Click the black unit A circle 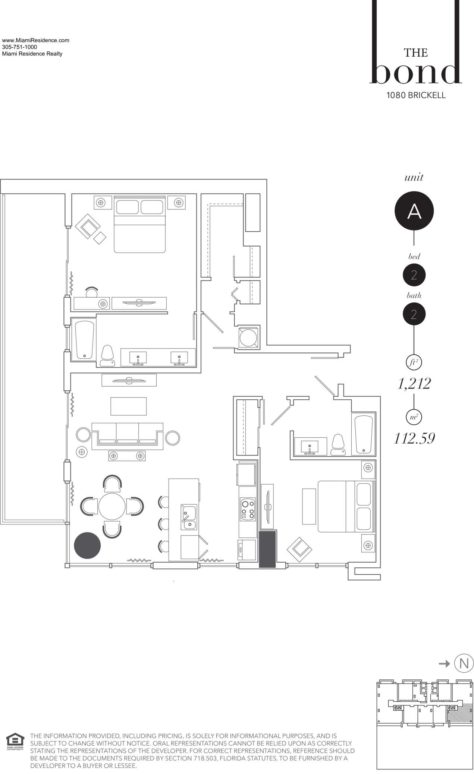click(x=414, y=210)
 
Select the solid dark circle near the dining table click(x=87, y=545)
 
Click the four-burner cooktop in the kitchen click(x=248, y=509)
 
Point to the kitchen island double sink click(x=189, y=517)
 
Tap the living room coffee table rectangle click(x=128, y=406)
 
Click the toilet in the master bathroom click(x=107, y=356)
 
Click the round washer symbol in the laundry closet click(x=248, y=337)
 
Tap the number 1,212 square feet click(x=414, y=383)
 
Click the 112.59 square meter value click(x=414, y=438)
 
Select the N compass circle click(x=464, y=663)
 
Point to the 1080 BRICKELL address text click(x=416, y=95)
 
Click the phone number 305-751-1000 click(x=19, y=47)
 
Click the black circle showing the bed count click(x=414, y=275)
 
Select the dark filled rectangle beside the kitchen click(x=267, y=549)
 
